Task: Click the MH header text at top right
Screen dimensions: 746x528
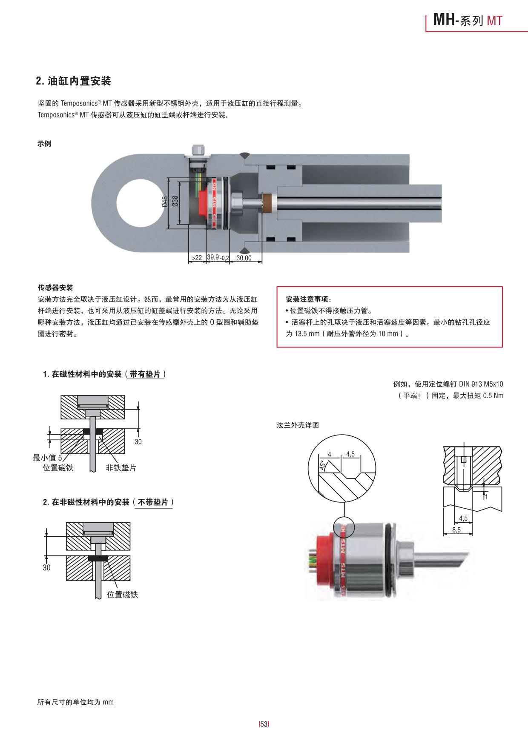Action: pos(444,20)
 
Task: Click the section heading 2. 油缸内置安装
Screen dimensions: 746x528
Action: pos(73,81)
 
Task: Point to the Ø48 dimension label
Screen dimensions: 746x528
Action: pos(164,202)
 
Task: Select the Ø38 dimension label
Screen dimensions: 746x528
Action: pos(175,202)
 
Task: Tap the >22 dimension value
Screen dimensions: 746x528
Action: pos(197,258)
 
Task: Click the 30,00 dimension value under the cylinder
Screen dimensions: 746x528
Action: pos(244,258)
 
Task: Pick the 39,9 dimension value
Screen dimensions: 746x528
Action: pos(213,257)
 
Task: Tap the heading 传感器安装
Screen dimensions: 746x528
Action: pos(55,288)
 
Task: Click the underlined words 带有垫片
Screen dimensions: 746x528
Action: pos(145,374)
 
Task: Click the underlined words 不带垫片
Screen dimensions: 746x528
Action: pos(153,502)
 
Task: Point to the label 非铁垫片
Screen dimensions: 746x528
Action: pos(121,468)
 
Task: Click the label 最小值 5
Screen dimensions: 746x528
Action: pos(47,458)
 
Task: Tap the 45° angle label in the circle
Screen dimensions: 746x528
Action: pos(323,465)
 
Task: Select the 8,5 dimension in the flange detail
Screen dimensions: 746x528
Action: pos(456,530)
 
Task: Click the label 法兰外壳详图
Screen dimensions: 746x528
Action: pos(298,425)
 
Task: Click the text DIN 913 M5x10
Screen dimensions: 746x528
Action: pos(481,384)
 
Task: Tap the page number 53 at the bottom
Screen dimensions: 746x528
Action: pos(264,724)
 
